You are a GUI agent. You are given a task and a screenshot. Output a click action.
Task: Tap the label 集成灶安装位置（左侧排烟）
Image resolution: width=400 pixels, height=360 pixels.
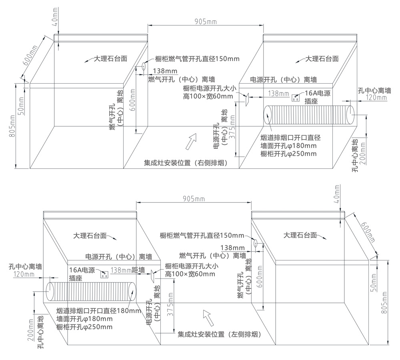[x=219, y=334]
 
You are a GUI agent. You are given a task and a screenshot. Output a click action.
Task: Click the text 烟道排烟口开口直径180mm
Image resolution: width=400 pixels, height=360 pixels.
[x=98, y=311]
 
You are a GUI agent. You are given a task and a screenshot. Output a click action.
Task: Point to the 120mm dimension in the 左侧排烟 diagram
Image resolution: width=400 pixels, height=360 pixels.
[x=24, y=274]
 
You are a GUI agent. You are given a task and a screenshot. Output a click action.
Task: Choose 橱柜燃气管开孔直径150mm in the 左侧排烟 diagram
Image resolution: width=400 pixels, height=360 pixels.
[x=202, y=236]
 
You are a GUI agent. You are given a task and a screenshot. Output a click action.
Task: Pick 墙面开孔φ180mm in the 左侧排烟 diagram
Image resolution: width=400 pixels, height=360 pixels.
[x=84, y=319]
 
